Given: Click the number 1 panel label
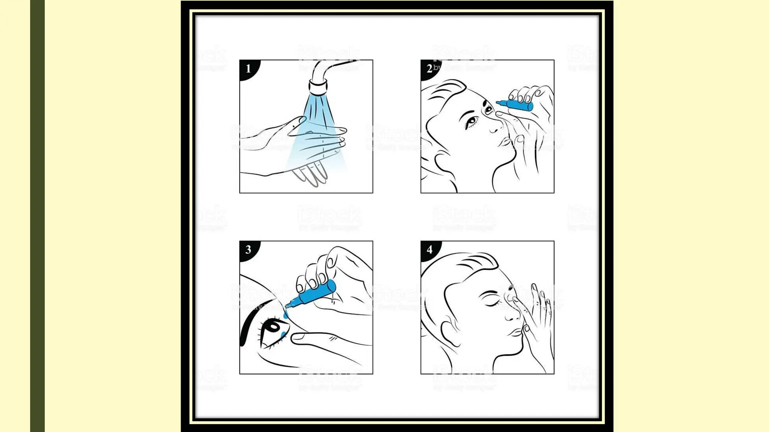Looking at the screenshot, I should click(x=248, y=69).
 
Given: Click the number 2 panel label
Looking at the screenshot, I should click(x=429, y=69).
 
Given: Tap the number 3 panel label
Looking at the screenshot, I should click(x=248, y=250).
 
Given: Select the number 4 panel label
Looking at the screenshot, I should click(x=429, y=250).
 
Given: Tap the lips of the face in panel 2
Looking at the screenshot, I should click(x=505, y=142).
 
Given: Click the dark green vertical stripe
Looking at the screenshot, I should click(x=37, y=216).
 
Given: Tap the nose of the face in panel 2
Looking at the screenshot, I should click(x=495, y=127).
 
